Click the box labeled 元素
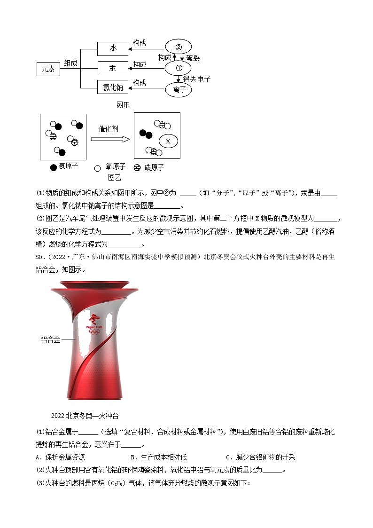pyautogui.click(x=48, y=69)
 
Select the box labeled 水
pyautogui.click(x=113, y=48)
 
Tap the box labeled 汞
pyautogui.click(x=113, y=68)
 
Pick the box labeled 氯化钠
pyautogui.click(x=113, y=87)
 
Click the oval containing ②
pyautogui.click(x=178, y=47)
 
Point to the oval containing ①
pyautogui.click(x=178, y=68)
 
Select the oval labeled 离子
pyautogui.click(x=178, y=89)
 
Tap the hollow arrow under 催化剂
pyautogui.click(x=109, y=139)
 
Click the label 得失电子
pyautogui.click(x=197, y=79)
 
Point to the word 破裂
pyautogui.click(x=193, y=58)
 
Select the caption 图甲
pyautogui.click(x=123, y=105)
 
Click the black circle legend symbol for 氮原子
pyautogui.click(x=53, y=167)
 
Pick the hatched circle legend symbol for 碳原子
pyautogui.click(x=137, y=168)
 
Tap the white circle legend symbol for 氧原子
pyautogui.click(x=98, y=168)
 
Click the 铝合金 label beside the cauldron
pyautogui.click(x=50, y=339)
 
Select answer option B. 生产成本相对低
pyautogui.click(x=159, y=457)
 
